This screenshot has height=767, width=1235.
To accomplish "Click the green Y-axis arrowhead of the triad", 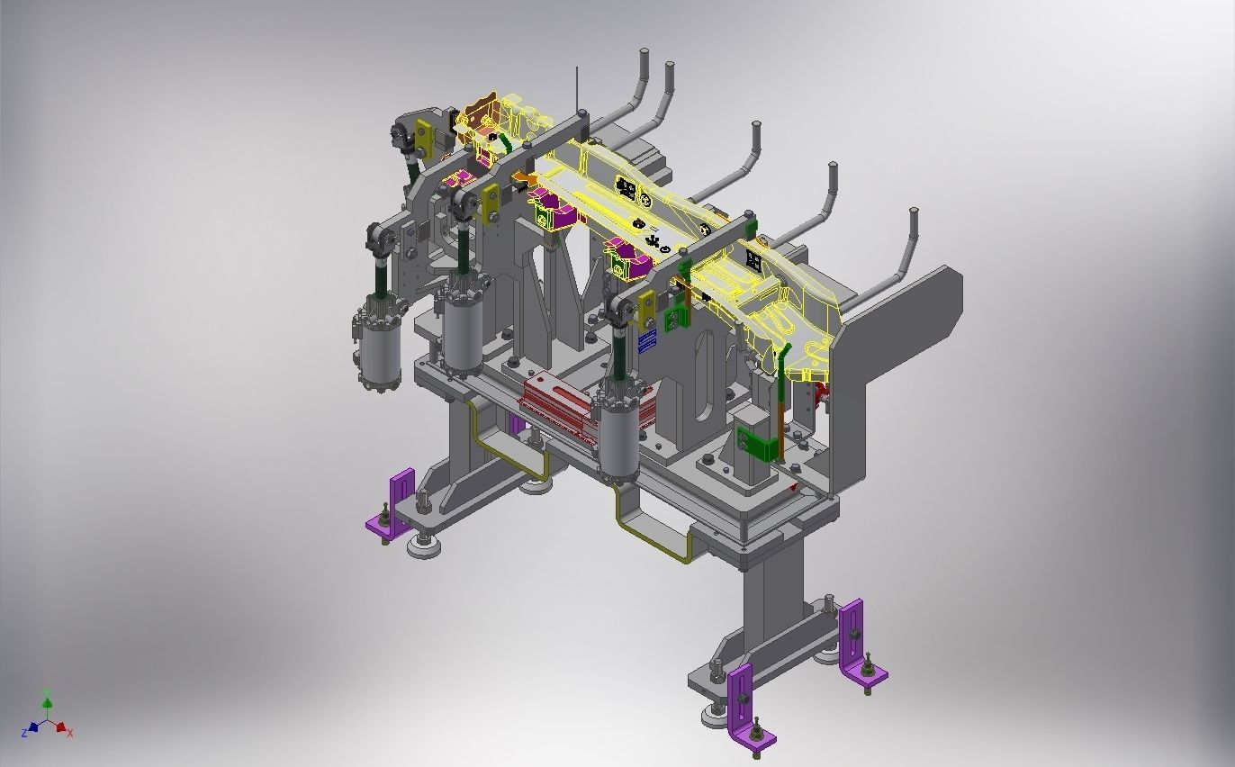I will [47, 701].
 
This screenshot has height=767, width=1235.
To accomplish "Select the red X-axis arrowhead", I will [60, 727].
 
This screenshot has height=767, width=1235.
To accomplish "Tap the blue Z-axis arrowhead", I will [32, 726].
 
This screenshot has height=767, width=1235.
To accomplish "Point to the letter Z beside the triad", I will [23, 734].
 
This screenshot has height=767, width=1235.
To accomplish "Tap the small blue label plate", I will [647, 341].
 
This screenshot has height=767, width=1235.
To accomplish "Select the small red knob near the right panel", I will [820, 391].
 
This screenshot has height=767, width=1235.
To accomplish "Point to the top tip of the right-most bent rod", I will [914, 213].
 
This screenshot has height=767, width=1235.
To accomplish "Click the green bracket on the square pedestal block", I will [754, 444].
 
